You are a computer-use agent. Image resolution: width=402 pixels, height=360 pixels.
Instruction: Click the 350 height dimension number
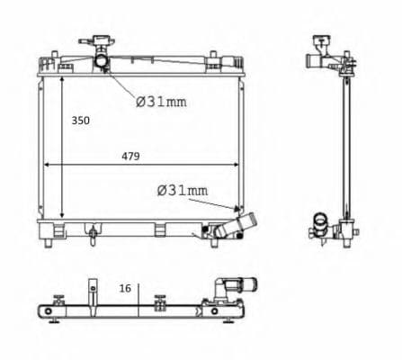tap(80, 121)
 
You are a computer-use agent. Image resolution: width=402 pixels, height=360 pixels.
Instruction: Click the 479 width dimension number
tap(130, 157)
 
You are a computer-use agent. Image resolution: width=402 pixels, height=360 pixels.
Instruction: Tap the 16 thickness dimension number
tap(125, 288)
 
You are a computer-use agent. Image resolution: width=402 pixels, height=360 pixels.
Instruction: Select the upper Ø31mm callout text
tap(161, 102)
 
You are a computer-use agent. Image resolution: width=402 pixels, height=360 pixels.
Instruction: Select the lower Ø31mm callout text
tap(183, 190)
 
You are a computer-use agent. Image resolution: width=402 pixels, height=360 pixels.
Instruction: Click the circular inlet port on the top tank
tap(101, 61)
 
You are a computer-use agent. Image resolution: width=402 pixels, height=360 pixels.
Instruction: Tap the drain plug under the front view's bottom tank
tap(93, 235)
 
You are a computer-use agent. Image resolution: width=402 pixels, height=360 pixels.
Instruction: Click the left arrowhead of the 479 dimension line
tap(47, 165)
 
